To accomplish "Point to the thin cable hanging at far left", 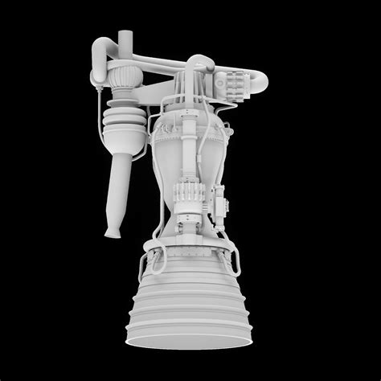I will click(x=99, y=121).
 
